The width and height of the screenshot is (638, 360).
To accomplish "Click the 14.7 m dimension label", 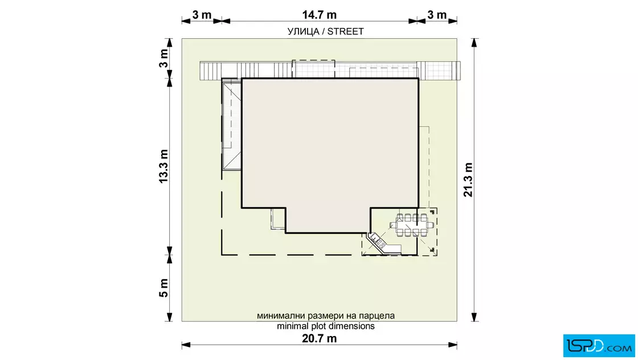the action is (320, 15).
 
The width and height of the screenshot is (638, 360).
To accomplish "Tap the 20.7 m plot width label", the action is (320, 338).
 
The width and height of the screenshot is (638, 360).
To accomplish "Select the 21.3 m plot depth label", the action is (468, 180).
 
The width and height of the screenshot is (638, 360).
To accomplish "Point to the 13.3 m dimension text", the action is (163, 166).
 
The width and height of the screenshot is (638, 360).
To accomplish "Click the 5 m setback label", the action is (163, 288).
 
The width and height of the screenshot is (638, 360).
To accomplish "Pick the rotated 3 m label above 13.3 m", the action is (163, 59).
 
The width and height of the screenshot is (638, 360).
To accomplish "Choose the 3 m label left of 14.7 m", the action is (202, 15).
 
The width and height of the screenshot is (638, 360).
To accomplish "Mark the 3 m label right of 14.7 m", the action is (437, 15).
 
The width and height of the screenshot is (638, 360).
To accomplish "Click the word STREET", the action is (345, 32).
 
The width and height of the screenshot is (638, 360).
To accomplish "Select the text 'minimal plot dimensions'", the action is (325, 326).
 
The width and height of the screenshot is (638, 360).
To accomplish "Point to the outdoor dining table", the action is (412, 225).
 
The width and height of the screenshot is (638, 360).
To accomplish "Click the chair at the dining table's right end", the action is (430, 225).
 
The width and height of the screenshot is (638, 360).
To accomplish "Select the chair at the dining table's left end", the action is (394, 225).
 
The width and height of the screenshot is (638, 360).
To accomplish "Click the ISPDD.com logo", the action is (599, 346).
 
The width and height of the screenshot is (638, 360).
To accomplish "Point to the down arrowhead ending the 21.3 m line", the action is (474, 317).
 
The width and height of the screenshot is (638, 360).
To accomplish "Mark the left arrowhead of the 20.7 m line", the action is (186, 345).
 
